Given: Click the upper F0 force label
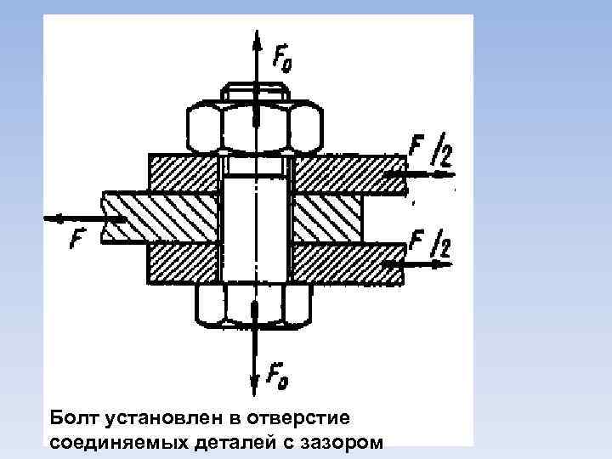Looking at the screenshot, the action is coord(282,59).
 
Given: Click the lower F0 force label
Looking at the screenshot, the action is coord(276,375).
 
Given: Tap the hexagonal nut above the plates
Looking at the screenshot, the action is coord(255,127).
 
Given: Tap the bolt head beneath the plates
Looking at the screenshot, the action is coord(255,304).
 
